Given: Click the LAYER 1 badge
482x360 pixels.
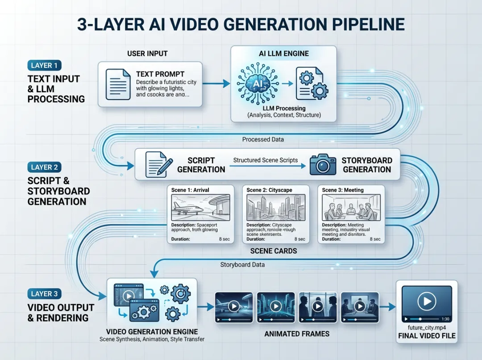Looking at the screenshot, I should click(44, 66).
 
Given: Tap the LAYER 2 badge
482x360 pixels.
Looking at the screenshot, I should click(44, 167).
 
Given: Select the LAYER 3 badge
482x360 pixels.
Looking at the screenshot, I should click(44, 294).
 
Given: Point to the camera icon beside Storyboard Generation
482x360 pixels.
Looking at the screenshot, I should click(323, 165).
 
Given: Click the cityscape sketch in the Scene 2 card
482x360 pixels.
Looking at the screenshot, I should click(276, 207).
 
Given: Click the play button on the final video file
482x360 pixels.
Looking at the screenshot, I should click(427, 301).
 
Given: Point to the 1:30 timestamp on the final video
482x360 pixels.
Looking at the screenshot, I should click(445, 319).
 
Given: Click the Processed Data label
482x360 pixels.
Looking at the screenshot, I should click(263, 139).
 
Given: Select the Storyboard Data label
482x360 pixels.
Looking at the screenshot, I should click(242, 265).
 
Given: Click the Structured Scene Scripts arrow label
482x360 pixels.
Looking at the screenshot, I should click(266, 160).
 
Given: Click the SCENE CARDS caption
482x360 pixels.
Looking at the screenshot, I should click(274, 251).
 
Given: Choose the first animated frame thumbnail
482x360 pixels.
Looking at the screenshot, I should click(234, 307).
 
